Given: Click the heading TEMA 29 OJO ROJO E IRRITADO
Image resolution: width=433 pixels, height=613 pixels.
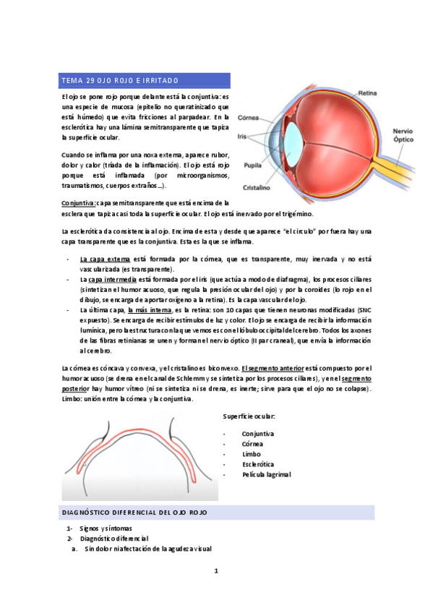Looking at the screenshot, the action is point(120,80).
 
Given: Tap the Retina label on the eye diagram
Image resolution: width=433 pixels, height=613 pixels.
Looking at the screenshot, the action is point(368,93).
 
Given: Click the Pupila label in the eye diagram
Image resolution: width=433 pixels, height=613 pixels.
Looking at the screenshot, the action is point(253,164).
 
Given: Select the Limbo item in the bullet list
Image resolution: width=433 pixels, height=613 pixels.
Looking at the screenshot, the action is point(252,454).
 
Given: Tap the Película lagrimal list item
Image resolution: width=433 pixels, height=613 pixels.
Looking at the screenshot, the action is point(266,474).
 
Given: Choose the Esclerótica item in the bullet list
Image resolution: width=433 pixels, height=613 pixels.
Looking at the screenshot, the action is point(257,464).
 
